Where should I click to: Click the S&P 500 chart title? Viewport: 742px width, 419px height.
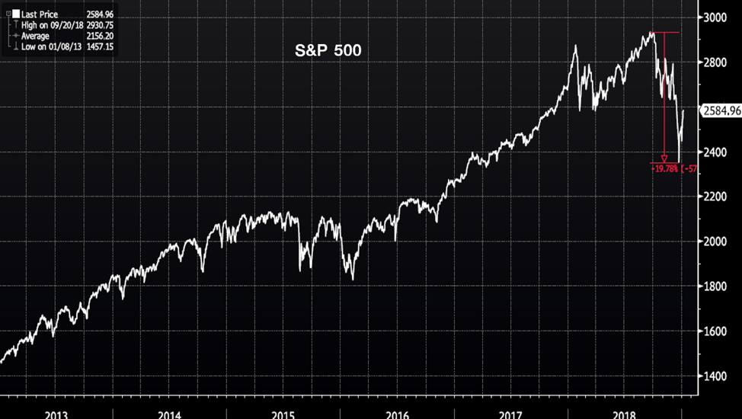pos(328,52)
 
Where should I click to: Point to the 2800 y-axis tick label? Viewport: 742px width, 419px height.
pos(719,62)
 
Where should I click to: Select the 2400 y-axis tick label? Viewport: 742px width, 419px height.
pos(719,152)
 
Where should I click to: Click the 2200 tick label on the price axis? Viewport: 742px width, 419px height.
pos(719,197)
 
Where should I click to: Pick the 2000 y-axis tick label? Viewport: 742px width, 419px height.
pos(719,242)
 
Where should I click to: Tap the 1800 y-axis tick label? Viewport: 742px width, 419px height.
pos(719,287)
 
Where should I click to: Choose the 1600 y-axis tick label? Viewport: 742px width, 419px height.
pos(719,332)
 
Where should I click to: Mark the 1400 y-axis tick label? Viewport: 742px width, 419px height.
pos(719,377)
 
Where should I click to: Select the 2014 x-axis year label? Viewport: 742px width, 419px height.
pos(169,414)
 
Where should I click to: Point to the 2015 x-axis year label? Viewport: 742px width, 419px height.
pos(283,414)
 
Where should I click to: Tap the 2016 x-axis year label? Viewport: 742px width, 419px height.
pos(397,414)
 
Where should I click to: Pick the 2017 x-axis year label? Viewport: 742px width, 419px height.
pos(510,414)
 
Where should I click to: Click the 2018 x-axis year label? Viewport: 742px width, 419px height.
pos(624,414)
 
